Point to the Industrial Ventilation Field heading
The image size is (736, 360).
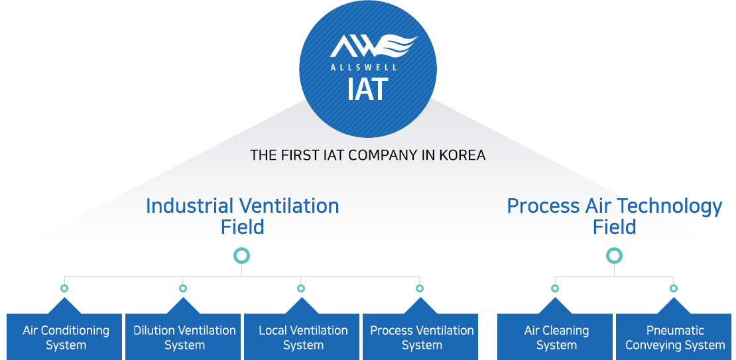click(242, 216)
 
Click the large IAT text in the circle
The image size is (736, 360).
click(367, 89)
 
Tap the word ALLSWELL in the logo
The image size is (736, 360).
click(363, 67)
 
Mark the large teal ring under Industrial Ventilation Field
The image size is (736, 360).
click(242, 255)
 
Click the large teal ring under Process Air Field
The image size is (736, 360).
click(615, 255)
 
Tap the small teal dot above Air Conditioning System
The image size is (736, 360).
click(64, 288)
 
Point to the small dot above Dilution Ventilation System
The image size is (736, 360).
click(183, 288)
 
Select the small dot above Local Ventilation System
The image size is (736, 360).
click(301, 288)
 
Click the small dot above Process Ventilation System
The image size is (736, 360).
click(420, 288)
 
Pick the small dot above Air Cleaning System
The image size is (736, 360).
click(555, 288)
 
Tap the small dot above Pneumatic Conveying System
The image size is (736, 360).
click(674, 288)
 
